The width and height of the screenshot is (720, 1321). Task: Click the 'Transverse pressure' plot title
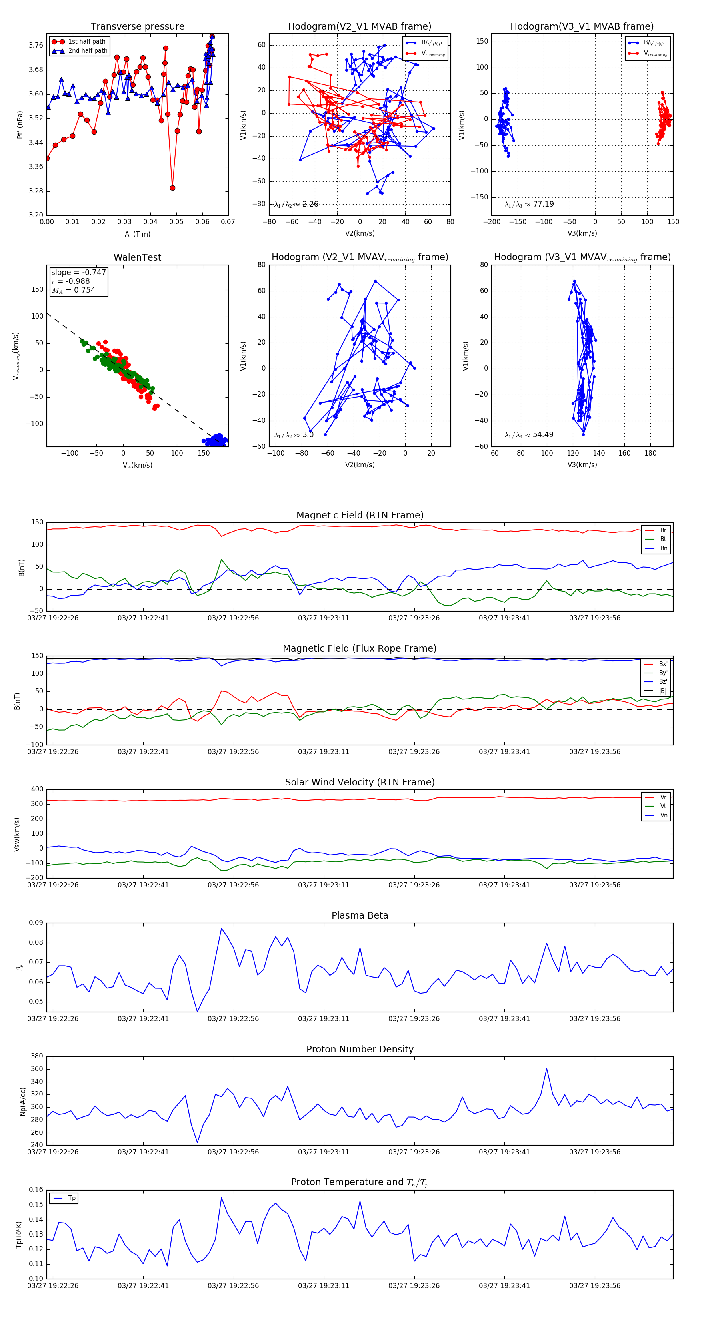pos(137,27)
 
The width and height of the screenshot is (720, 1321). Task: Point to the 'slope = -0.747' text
pos(78,272)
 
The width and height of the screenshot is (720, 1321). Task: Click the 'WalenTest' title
pos(137,257)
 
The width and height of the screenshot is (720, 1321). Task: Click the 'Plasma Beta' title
pos(360,916)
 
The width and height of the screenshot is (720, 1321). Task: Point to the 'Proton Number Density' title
pos(360,1049)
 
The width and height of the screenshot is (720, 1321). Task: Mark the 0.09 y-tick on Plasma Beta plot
pos(36,923)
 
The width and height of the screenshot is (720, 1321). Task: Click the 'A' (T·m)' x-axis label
pos(137,234)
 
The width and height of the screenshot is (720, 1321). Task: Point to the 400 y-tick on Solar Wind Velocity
pos(37,789)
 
